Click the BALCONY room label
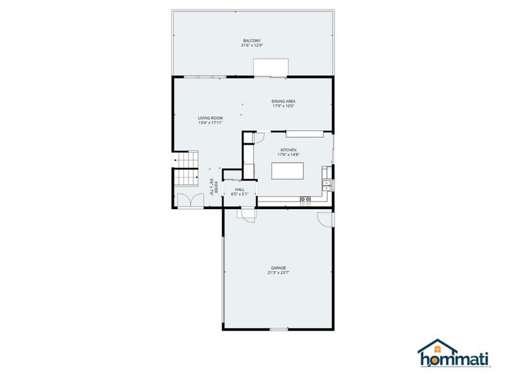pyautogui.click(x=251, y=41)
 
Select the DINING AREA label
pyautogui.click(x=284, y=101)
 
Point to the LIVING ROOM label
pyautogui.click(x=210, y=118)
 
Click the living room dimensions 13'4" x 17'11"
pyautogui.click(x=210, y=123)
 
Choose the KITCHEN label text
pyautogui.click(x=288, y=150)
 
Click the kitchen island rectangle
pyautogui.click(x=287, y=171)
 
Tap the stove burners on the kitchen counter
pyautogui.click(x=305, y=200)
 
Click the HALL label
pyautogui.click(x=240, y=189)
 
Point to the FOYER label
pyautogui.click(x=216, y=186)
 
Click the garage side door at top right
pyautogui.click(x=325, y=218)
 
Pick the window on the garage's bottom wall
pyautogui.click(x=279, y=330)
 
